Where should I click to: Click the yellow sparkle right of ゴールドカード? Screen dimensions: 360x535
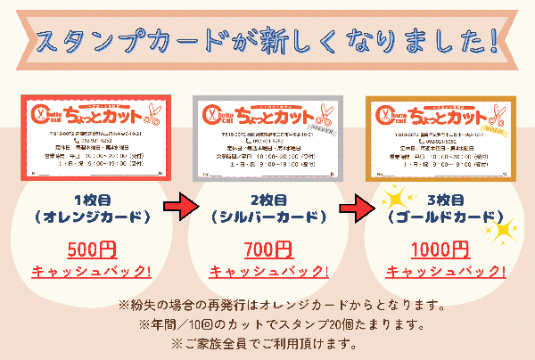[504, 230]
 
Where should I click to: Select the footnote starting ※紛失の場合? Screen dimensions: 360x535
[268, 305]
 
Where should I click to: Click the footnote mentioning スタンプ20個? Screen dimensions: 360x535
[268, 323]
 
